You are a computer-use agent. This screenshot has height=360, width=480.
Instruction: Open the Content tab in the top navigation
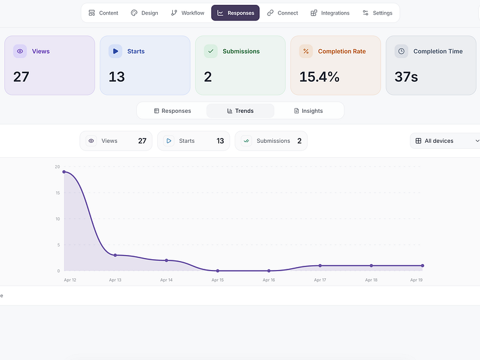tap(103, 13)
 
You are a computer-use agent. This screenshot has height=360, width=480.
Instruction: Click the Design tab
tap(145, 13)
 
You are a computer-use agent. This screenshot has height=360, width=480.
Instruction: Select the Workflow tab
tap(187, 13)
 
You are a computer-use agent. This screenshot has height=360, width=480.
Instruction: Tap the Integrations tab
tap(329, 13)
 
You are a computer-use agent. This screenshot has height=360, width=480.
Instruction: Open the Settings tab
tap(377, 13)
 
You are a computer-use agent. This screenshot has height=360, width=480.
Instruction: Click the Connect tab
tap(282, 13)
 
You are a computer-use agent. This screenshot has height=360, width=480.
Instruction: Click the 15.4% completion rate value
tap(319, 77)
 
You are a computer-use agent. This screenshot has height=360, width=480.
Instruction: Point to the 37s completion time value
tap(406, 77)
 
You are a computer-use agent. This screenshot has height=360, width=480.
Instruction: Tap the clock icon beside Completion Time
tap(401, 51)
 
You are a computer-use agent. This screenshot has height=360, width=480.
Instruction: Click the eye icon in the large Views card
tap(20, 51)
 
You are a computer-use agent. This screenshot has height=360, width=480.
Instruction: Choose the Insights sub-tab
tap(308, 111)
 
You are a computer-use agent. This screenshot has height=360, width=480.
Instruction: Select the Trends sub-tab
tap(241, 111)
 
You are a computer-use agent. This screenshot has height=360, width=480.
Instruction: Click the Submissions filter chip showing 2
tap(271, 141)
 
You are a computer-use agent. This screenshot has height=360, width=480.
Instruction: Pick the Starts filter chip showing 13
tap(193, 141)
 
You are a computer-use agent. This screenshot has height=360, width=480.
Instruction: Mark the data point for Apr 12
tap(64, 172)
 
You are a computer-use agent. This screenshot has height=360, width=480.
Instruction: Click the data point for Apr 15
tap(218, 271)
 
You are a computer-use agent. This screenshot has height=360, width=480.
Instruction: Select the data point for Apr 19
tap(422, 265)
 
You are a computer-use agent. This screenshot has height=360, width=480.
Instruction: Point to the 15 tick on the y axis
tap(58, 193)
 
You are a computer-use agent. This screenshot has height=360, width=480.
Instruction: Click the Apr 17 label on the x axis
tap(320, 280)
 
